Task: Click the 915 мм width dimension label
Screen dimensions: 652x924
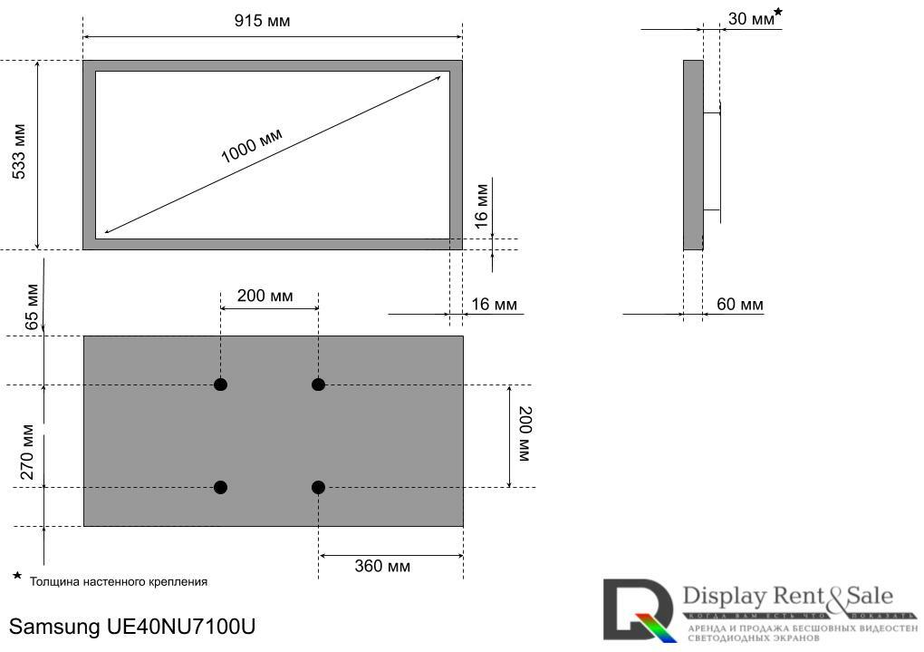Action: pyautogui.click(x=262, y=21)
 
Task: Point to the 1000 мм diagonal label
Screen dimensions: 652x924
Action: pyautogui.click(x=252, y=145)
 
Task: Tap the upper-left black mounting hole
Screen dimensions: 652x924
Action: pyautogui.click(x=220, y=384)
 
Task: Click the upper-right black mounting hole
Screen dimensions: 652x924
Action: pyautogui.click(x=318, y=384)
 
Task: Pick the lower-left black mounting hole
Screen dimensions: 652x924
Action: pyautogui.click(x=220, y=488)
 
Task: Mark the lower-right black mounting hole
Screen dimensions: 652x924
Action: pyautogui.click(x=318, y=488)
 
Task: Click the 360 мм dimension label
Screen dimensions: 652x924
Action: pyautogui.click(x=381, y=567)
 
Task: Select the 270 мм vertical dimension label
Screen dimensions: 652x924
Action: pyautogui.click(x=28, y=452)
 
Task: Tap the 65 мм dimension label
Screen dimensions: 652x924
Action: pyautogui.click(x=32, y=307)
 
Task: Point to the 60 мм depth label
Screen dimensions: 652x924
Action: pyautogui.click(x=739, y=304)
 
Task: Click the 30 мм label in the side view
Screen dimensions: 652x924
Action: pyautogui.click(x=750, y=19)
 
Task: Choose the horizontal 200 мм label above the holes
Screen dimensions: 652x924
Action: pyautogui.click(x=265, y=296)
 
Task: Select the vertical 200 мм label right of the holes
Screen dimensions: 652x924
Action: pyautogui.click(x=525, y=433)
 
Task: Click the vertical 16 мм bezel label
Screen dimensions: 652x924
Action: pyautogui.click(x=482, y=203)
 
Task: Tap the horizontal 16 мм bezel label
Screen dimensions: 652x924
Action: pyautogui.click(x=494, y=304)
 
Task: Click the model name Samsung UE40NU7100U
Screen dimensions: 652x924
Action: pyautogui.click(x=133, y=627)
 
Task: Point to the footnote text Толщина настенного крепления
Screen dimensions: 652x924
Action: pyautogui.click(x=119, y=581)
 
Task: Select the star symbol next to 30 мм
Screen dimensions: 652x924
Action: pyautogui.click(x=778, y=12)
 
